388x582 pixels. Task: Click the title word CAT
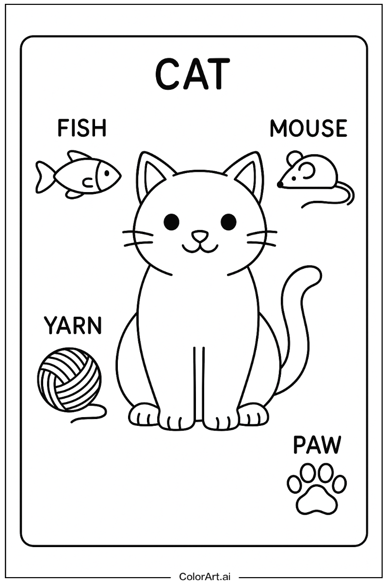[x=192, y=74]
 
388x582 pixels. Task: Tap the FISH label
[x=81, y=128]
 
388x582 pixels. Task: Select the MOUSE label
[x=308, y=128]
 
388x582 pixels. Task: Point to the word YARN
[x=73, y=325]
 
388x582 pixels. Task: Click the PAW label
[x=317, y=445]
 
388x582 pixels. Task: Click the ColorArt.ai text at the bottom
[x=205, y=576]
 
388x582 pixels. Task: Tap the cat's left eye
[x=171, y=222]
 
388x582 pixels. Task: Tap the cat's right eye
[x=228, y=222]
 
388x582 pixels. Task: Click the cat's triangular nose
[x=199, y=237]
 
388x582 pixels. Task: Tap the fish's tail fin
[x=43, y=177]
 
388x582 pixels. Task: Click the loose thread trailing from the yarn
[x=90, y=415]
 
